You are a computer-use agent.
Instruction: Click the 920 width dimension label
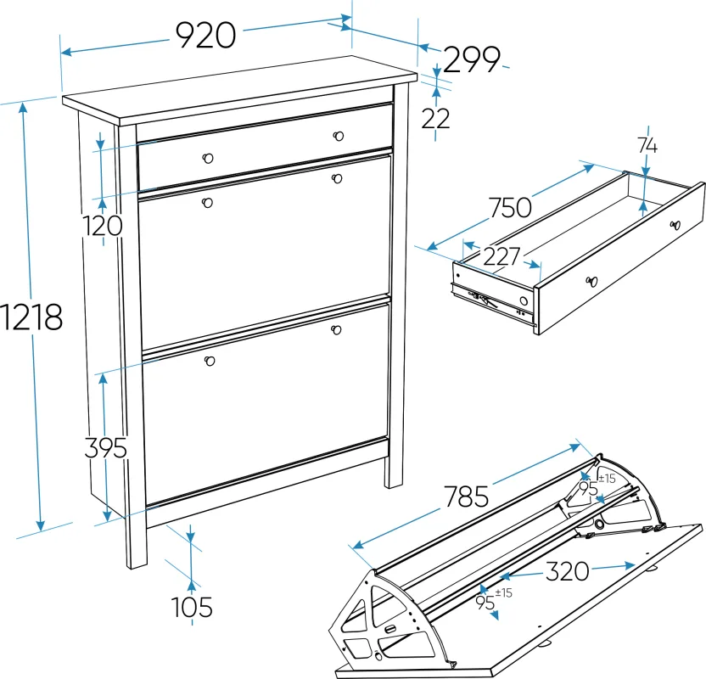(x=205, y=35)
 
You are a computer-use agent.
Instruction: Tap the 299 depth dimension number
(x=472, y=59)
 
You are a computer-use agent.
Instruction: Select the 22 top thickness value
(x=435, y=119)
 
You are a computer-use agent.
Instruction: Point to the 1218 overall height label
(x=31, y=317)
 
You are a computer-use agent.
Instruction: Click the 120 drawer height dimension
(x=102, y=226)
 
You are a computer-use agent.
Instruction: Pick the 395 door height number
(x=106, y=447)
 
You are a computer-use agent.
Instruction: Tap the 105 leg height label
(x=192, y=607)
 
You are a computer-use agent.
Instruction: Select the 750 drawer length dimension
(x=510, y=208)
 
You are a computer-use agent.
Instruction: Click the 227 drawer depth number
(x=501, y=256)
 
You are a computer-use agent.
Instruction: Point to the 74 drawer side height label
(x=647, y=145)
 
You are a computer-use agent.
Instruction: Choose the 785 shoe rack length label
(x=467, y=497)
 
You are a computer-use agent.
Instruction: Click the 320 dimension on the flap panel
(x=568, y=571)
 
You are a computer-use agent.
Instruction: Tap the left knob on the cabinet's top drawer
(x=208, y=158)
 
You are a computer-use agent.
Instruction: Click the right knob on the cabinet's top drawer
(x=338, y=136)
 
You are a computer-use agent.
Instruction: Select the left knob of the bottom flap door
(x=210, y=361)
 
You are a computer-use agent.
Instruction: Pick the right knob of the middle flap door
(x=336, y=179)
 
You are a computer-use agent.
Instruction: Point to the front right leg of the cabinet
(x=394, y=472)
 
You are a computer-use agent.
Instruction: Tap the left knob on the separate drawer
(x=591, y=282)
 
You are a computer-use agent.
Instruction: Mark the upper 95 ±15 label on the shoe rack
(x=597, y=484)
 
